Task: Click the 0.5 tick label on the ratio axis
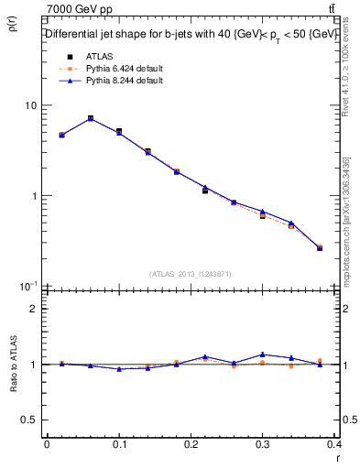(x=30, y=420)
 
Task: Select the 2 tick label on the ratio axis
(x=34, y=309)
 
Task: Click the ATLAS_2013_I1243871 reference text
(x=191, y=274)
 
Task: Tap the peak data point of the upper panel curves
(x=90, y=118)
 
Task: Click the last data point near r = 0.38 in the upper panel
(x=319, y=247)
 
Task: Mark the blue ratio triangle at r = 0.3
(x=262, y=354)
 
